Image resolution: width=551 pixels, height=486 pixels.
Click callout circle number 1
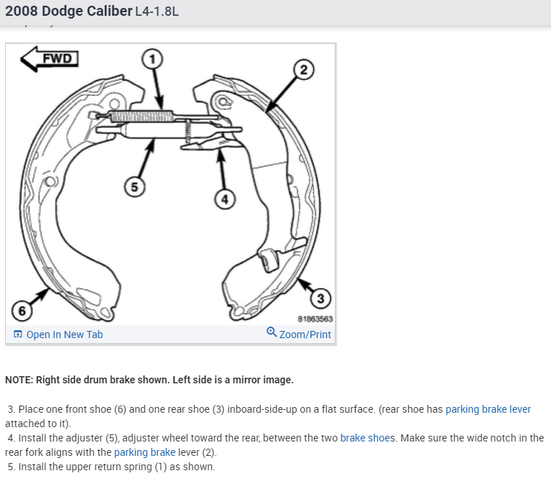click(x=152, y=59)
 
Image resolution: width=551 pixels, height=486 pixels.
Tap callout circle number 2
click(x=302, y=70)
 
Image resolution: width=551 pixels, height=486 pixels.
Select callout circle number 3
click(x=320, y=298)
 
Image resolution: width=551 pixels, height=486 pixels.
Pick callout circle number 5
click(x=133, y=187)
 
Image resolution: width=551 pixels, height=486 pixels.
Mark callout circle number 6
click(x=22, y=311)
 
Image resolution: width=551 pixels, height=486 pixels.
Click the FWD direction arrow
click(x=50, y=59)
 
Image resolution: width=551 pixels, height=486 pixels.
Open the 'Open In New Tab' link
click(x=64, y=335)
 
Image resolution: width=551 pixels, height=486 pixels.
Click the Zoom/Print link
click(x=305, y=335)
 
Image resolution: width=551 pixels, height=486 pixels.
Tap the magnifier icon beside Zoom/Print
click(x=272, y=332)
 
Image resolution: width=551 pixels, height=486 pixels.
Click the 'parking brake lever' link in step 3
click(x=488, y=409)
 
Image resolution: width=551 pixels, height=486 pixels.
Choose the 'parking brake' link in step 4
click(x=144, y=452)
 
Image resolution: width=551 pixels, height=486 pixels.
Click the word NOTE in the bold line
click(x=19, y=380)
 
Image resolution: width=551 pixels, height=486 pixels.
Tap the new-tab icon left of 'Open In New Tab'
click(x=18, y=335)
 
